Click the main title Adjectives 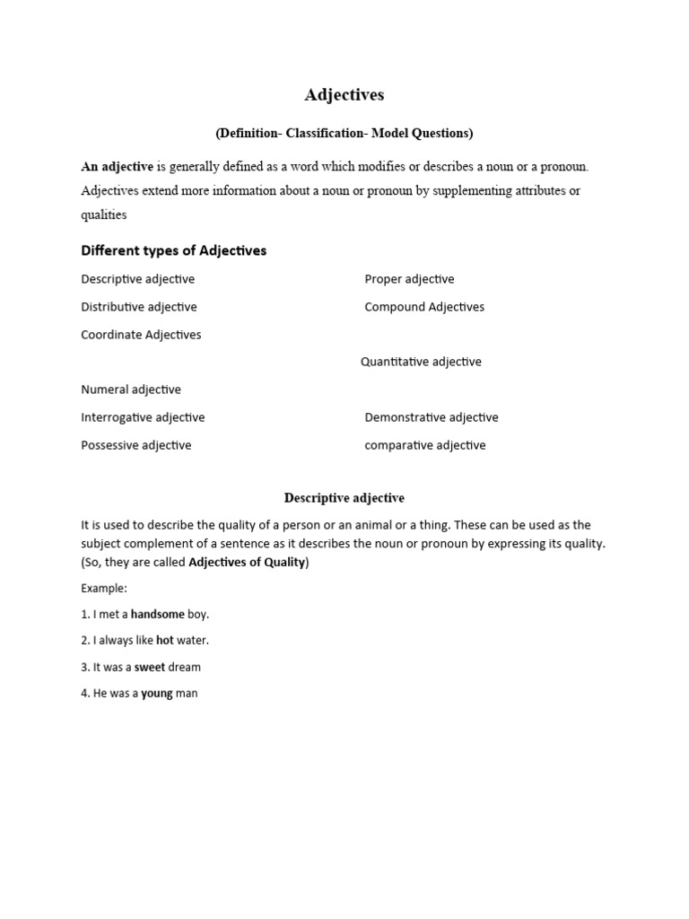tap(344, 95)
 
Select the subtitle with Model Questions tap(344, 134)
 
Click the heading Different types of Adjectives tap(174, 250)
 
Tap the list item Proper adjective tap(409, 279)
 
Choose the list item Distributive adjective tap(139, 307)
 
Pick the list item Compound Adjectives tap(424, 307)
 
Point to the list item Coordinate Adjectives tap(141, 335)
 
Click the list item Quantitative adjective tap(421, 362)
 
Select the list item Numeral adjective tap(131, 389)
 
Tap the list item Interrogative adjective tap(143, 417)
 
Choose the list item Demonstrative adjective tap(432, 417)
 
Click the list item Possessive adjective tap(136, 445)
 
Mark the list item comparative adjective tap(425, 445)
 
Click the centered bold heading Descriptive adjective tap(344, 498)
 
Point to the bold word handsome tap(157, 615)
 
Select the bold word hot tap(165, 641)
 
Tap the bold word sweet tap(150, 667)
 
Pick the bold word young tap(157, 693)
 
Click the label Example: tap(104, 589)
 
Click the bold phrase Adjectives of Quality tap(247, 563)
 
